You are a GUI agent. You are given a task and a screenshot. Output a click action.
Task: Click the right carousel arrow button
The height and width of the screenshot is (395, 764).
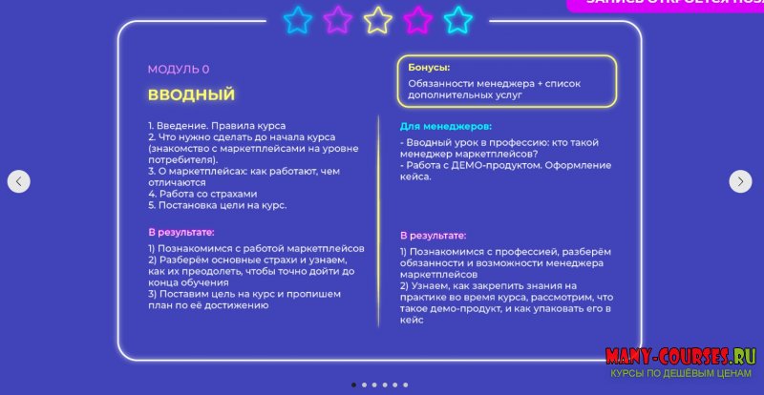[x=740, y=181]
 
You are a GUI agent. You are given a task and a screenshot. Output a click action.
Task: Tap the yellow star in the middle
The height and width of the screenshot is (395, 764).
[x=378, y=19]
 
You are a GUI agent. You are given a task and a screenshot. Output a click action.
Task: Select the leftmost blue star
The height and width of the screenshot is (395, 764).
[x=299, y=19]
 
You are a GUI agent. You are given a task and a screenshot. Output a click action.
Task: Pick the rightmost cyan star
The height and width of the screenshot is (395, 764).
[x=458, y=19]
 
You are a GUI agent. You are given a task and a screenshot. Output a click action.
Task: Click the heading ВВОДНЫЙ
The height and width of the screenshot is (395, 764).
[x=191, y=95]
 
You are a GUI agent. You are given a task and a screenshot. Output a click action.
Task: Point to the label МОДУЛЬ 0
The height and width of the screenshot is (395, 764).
[x=178, y=70]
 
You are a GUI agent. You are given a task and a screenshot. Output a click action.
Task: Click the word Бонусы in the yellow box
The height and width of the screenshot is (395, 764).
[x=429, y=68]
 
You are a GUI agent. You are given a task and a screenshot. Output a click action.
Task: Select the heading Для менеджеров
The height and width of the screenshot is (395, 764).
[x=445, y=126]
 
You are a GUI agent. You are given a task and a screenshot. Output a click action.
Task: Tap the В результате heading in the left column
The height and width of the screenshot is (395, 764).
[x=180, y=232]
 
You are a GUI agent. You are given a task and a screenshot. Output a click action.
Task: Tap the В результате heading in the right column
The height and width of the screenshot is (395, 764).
[x=433, y=235]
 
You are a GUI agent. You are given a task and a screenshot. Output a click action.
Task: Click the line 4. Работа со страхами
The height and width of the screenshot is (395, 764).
[x=202, y=194]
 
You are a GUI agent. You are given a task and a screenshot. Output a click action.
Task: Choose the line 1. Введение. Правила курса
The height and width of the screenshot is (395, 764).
[x=217, y=126]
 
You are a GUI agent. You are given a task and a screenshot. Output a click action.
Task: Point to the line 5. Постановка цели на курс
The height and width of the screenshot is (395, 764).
[x=217, y=205]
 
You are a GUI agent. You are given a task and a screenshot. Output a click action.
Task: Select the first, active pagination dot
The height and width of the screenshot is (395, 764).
[x=353, y=385]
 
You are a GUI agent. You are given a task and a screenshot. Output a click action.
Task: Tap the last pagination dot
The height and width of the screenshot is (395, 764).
[x=405, y=385]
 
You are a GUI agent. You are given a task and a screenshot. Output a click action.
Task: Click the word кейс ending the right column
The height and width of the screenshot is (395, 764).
[x=412, y=320]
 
